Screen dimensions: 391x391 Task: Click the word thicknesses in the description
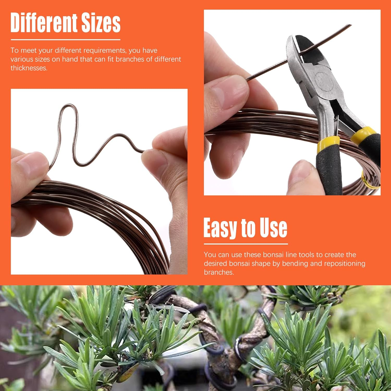[x=29, y=68]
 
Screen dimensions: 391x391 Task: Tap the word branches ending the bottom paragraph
[x=218, y=272]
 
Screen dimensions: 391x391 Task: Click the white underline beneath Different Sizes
[x=65, y=40]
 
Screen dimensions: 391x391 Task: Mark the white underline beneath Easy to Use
[x=246, y=244]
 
